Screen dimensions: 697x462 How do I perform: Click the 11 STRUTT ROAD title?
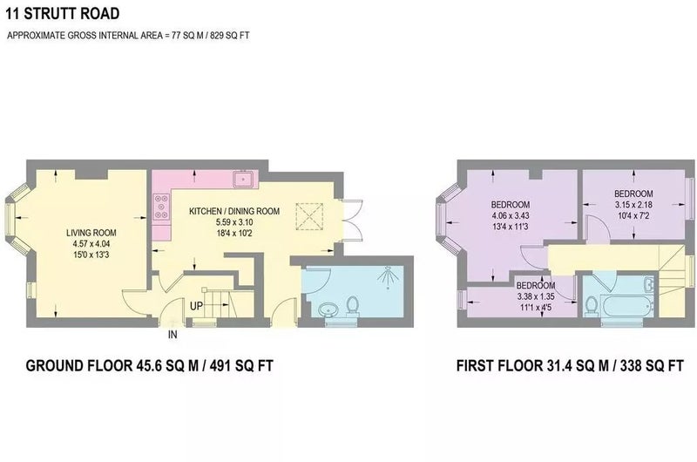(x=63, y=13)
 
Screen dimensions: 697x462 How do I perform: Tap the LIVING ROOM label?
(x=91, y=233)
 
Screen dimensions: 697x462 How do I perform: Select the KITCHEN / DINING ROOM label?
(x=234, y=211)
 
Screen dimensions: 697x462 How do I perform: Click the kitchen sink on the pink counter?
(x=243, y=180)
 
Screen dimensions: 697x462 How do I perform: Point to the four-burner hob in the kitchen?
(x=161, y=207)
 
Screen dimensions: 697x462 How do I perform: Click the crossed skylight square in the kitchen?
(x=309, y=216)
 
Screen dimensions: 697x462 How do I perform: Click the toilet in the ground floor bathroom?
(x=353, y=307)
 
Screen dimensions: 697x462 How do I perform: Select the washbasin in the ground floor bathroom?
(x=329, y=309)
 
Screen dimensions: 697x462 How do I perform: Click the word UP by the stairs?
(x=197, y=306)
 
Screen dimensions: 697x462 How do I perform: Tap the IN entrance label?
(x=173, y=335)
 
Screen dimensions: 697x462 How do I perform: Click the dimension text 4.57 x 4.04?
(x=91, y=244)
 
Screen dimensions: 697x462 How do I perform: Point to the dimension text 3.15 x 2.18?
(x=633, y=205)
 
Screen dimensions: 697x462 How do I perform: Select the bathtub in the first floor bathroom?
(x=626, y=305)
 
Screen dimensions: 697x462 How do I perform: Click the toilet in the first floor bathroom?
(x=592, y=306)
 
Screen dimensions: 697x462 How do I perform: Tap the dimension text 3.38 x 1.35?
(x=536, y=296)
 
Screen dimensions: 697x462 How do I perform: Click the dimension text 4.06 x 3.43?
(x=511, y=215)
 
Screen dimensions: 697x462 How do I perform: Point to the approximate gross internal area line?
(x=128, y=36)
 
